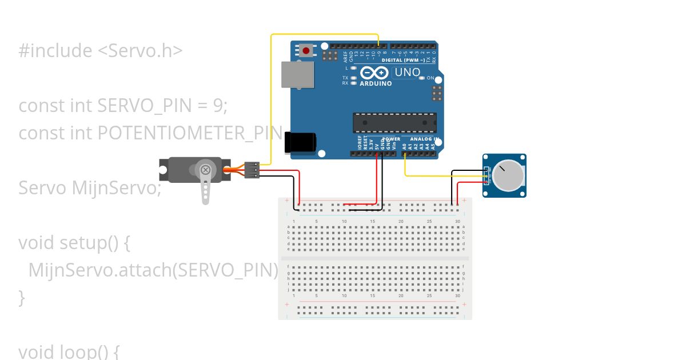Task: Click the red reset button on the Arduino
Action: point(306,51)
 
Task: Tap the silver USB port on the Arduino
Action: point(298,74)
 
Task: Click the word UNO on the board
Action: point(407,73)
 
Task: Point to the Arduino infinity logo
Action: point(375,73)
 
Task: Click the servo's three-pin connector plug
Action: point(252,170)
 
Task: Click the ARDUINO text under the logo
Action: point(376,83)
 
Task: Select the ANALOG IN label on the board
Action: point(421,139)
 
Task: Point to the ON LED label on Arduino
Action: point(430,78)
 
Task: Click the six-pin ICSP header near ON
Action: point(437,92)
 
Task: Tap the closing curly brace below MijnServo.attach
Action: point(22,297)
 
